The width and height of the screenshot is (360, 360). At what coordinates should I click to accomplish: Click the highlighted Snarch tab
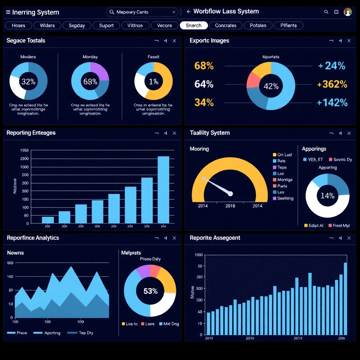[194, 25]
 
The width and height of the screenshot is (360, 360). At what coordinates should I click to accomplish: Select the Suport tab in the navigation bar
[106, 25]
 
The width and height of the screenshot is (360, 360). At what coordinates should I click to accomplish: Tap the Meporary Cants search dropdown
[142, 12]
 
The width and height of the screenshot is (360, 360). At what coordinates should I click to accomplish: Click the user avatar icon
[348, 12]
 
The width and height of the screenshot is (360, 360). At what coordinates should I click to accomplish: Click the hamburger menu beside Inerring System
[8, 12]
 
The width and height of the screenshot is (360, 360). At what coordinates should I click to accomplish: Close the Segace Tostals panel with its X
[174, 41]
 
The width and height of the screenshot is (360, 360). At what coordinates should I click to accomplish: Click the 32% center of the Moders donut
[28, 82]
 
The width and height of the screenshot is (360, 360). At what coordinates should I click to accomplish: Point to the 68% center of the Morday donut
[90, 82]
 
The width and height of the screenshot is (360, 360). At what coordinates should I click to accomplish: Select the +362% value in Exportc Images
[332, 84]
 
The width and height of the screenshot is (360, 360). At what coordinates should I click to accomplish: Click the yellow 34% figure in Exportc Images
[204, 102]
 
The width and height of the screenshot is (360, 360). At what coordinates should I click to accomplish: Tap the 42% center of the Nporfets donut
[271, 86]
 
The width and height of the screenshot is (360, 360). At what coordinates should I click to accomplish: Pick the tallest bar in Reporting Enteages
[163, 189]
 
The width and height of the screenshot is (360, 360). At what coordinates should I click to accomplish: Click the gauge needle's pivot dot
[230, 193]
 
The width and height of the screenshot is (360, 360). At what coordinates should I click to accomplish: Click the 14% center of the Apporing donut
[327, 196]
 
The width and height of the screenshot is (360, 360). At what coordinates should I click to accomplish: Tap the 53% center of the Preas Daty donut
[150, 291]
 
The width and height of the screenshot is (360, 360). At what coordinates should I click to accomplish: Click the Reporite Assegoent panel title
[215, 238]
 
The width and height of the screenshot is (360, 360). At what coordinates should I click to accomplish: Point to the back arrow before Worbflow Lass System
[188, 12]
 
